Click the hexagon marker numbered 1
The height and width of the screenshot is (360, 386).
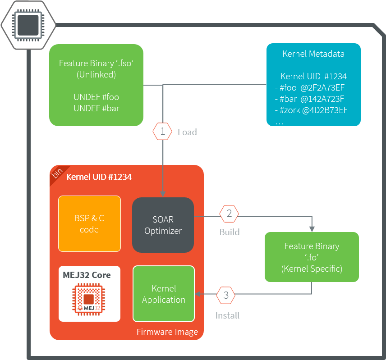coord(163,132)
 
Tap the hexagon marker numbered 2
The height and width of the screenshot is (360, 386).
coord(229,214)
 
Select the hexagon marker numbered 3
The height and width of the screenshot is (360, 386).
coord(226,296)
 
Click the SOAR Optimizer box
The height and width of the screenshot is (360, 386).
coord(163,225)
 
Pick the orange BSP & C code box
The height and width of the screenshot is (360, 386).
coord(89,223)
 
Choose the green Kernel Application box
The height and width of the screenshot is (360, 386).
coord(164,294)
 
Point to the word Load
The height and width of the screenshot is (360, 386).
coord(187,132)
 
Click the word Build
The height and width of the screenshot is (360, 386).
coord(230,232)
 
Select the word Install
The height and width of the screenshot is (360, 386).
coord(227,315)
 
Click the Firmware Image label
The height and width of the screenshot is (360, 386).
coord(167,332)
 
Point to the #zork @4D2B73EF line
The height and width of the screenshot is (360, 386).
coord(311,110)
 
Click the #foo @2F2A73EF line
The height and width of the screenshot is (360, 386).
coord(311,87)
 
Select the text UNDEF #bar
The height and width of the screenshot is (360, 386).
coord(96,108)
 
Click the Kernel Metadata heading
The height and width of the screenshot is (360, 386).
coord(313,54)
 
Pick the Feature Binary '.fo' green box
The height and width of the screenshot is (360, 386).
coord(312,257)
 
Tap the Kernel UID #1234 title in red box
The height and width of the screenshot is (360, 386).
coord(99,177)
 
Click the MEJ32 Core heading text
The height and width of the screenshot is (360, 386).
coord(87,275)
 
